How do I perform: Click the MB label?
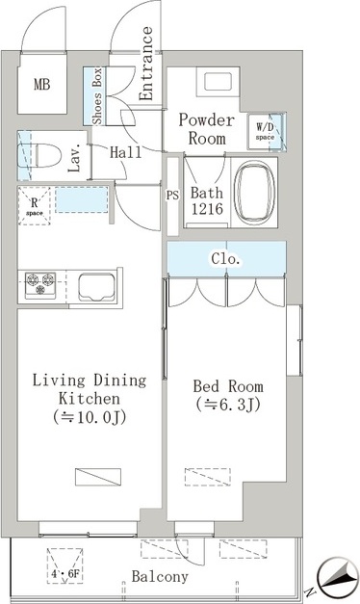(x=42, y=84)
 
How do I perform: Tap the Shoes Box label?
(x=97, y=96)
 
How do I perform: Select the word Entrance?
(x=146, y=64)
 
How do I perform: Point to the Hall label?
(x=125, y=152)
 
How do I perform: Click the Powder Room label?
(x=207, y=129)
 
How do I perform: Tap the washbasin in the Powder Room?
(x=218, y=82)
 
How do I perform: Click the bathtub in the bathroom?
(x=254, y=193)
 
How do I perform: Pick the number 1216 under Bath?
(x=207, y=209)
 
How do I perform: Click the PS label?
(x=172, y=196)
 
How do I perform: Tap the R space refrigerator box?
(x=35, y=206)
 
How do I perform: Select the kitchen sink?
(x=96, y=287)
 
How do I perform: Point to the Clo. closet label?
(x=225, y=259)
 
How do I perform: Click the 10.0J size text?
(x=90, y=417)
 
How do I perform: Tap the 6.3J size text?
(x=228, y=405)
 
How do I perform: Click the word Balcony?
(x=160, y=576)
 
